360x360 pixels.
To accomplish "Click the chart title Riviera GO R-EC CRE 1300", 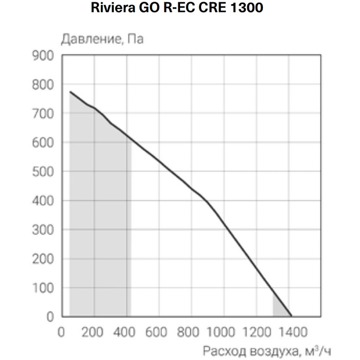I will [180, 9].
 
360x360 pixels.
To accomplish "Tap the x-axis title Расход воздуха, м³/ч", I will [265, 351].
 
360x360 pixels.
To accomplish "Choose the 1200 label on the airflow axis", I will [256, 331].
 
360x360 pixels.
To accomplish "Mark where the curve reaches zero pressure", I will [291, 316].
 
